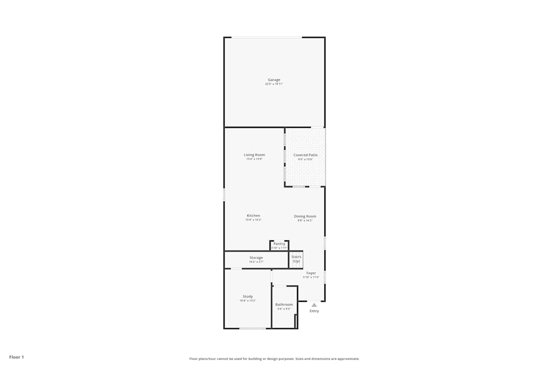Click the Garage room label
pos(274,80)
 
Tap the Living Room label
pos(254,155)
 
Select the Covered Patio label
pos(305,155)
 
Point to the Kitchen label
pos(253,216)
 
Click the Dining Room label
pos(305,216)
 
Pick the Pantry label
pos(279,244)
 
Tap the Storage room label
pos(256,257)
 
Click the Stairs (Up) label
pos(296,259)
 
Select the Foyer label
pos(311,273)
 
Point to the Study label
pos(248,296)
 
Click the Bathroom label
pos(284,305)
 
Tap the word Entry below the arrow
pos(314,311)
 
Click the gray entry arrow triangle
pos(314,305)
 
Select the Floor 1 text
pos(16,357)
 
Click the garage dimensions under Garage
pos(274,85)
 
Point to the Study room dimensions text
pos(248,301)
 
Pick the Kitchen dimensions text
pos(253,220)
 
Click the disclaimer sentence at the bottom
pos(274,359)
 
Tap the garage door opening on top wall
pos(266,37)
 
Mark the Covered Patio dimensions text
pos(305,160)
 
